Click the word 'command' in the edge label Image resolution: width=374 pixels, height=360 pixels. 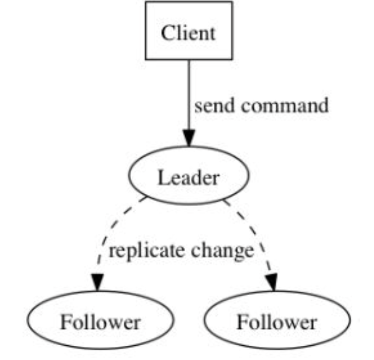[x=285, y=106]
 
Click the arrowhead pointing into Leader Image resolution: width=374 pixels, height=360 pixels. [x=189, y=137]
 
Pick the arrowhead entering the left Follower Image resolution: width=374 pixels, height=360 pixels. [x=98, y=282]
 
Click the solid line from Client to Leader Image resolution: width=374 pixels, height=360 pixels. [x=189, y=92]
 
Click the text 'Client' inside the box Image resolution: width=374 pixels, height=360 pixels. [x=188, y=33]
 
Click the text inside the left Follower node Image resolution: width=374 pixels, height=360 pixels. [x=100, y=322]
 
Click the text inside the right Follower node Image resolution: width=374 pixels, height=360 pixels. [x=276, y=322]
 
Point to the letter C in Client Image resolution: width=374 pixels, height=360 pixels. [x=166, y=34]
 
